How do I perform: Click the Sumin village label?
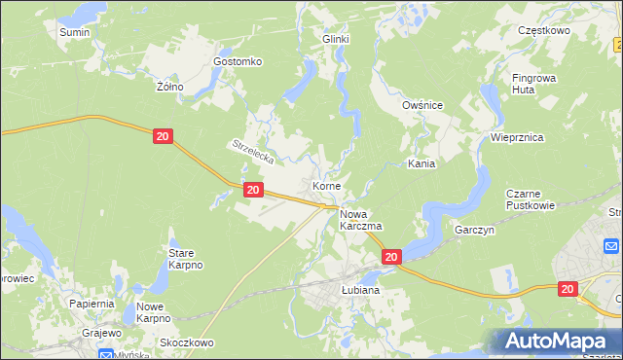click(74, 32)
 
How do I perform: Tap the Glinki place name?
click(336, 39)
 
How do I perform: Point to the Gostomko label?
click(238, 61)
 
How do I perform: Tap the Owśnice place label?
click(422, 105)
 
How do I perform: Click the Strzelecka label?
click(254, 151)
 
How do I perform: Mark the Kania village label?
click(421, 164)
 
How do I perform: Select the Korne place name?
click(325, 185)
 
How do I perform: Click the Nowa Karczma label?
click(360, 219)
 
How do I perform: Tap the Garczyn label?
click(475, 231)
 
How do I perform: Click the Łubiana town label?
click(360, 290)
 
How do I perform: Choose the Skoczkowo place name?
click(186, 342)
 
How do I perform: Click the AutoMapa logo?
click(558, 342)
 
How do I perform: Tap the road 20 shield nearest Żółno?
click(164, 137)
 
